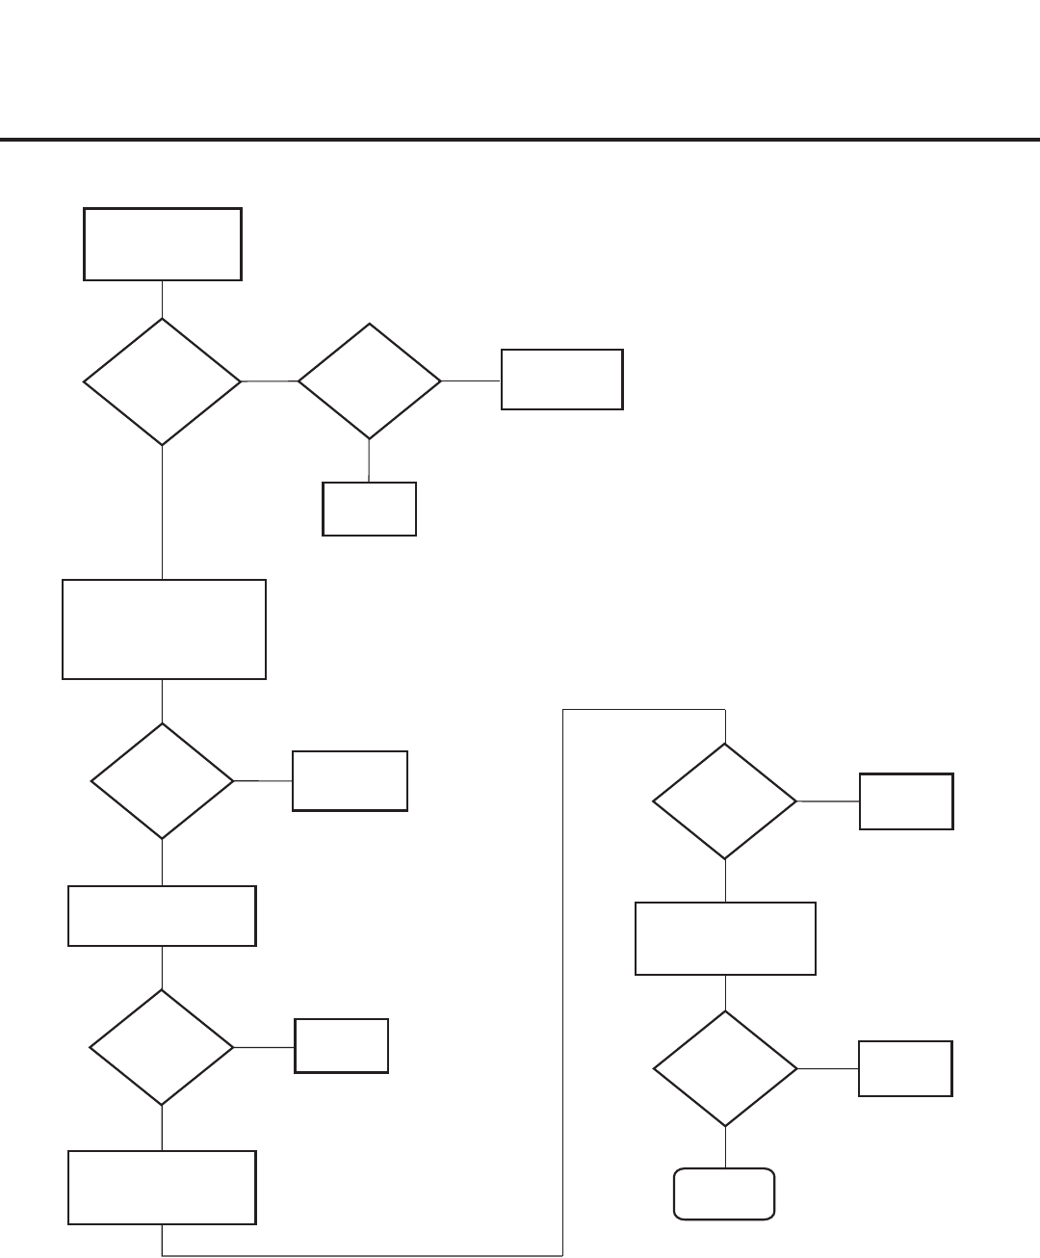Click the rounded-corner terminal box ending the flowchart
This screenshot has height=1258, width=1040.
(x=724, y=1194)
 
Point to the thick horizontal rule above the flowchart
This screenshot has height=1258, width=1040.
(x=520, y=141)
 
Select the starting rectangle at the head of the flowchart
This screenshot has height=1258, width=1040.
(x=162, y=244)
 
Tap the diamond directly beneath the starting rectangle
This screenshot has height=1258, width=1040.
(x=162, y=381)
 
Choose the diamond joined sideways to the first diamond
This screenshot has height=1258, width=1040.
(x=369, y=381)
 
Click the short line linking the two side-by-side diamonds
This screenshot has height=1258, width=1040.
(x=269, y=381)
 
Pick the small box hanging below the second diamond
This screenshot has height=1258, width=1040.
(x=369, y=509)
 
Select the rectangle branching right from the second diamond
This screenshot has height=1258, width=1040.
(x=561, y=380)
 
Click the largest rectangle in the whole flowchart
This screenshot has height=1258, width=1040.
(x=164, y=629)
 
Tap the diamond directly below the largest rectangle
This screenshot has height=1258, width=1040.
(x=162, y=781)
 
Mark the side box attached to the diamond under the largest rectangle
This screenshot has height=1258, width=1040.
(x=350, y=781)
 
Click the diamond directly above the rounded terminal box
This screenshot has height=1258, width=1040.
(x=725, y=1068)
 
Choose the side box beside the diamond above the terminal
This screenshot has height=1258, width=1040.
(x=905, y=1068)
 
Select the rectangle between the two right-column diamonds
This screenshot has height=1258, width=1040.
(x=725, y=938)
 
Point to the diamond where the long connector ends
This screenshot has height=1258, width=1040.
(x=725, y=801)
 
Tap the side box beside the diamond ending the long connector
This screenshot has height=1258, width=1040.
(x=906, y=801)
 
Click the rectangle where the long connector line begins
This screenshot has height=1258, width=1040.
(x=162, y=1188)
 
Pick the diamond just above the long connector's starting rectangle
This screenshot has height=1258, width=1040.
(x=162, y=1047)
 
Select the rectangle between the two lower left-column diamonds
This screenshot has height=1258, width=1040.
(x=162, y=916)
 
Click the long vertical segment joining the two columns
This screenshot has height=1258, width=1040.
(x=562, y=983)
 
